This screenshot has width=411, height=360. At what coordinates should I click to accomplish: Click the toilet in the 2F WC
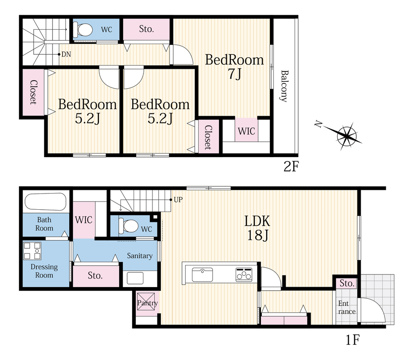point(83,30)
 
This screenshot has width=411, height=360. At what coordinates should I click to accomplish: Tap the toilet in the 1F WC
point(129,225)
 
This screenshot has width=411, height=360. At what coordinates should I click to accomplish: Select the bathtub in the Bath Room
point(45,202)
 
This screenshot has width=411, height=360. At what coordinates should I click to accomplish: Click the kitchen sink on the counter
point(202,274)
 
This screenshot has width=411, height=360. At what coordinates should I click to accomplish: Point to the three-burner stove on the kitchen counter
point(244,274)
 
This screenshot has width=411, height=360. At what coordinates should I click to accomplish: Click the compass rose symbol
point(340,135)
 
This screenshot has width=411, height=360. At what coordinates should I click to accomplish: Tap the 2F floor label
point(291,166)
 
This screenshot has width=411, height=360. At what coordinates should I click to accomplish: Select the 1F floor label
point(353,340)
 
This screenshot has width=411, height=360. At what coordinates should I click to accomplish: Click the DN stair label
point(66,54)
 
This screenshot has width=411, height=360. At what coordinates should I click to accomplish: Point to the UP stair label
point(178,200)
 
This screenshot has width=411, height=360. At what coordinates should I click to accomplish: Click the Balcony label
point(284,86)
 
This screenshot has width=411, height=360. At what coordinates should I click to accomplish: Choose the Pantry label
point(147,303)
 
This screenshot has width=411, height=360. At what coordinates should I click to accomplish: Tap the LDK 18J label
point(257,228)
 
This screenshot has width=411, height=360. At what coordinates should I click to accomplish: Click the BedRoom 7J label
point(234,67)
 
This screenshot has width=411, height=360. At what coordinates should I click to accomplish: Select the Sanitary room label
point(140,256)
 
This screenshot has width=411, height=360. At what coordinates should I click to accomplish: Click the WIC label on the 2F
point(246,131)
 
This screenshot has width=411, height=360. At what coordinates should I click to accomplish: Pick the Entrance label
point(347,307)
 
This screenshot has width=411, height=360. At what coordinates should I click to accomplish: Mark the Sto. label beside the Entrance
point(347,283)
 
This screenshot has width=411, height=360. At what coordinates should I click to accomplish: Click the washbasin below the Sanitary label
point(135,278)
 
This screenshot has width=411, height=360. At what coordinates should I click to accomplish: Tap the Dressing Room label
point(44,271)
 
